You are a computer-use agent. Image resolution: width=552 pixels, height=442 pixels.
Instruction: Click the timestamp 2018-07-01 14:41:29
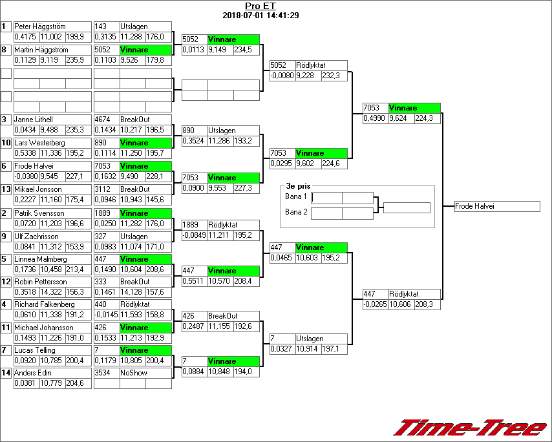tap(260, 15)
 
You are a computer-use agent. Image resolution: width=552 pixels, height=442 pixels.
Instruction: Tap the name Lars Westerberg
tap(39, 143)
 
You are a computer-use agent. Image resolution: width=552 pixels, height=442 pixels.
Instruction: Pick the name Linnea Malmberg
tap(40, 259)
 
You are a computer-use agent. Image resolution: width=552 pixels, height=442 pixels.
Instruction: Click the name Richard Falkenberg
tap(45, 304)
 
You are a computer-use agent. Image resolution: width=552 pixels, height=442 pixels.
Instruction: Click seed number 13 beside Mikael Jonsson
tap(6, 189)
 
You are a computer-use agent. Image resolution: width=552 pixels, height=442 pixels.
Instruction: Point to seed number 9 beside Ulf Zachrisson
tap(5, 236)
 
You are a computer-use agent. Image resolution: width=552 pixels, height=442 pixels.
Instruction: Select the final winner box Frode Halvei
tap(497, 206)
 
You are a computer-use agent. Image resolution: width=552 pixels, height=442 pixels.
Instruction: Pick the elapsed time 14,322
tap(52, 291)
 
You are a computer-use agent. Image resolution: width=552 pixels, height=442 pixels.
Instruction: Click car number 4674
tap(103, 120)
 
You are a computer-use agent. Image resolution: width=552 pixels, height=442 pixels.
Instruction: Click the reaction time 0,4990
tap(374, 118)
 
